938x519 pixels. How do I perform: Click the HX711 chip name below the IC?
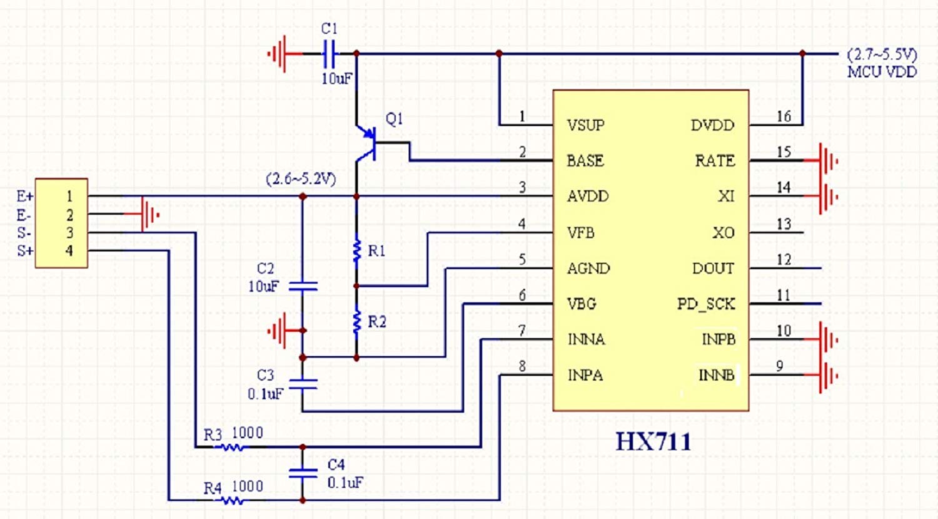point(653,441)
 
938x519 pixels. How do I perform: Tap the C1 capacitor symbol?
point(330,54)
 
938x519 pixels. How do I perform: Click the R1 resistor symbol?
point(357,250)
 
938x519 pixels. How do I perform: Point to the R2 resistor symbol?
point(357,321)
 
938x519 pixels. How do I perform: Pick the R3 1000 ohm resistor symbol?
point(233,447)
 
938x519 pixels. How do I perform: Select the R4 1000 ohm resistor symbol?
point(233,500)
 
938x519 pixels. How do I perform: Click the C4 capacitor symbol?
point(303,473)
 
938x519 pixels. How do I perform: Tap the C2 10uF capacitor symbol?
point(303,286)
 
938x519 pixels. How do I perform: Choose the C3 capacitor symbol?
point(303,384)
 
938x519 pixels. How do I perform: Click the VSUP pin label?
point(585,125)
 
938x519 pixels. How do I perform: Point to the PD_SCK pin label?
point(706,304)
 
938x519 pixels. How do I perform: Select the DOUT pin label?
point(713,269)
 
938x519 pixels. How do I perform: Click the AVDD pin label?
point(587,197)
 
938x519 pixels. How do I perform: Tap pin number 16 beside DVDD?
point(784,116)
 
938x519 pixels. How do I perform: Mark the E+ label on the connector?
point(25,197)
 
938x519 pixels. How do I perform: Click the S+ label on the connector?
point(25,251)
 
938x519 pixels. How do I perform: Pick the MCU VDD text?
point(882,72)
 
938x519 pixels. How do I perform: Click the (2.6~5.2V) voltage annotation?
point(301,180)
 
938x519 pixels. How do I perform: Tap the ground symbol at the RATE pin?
point(827,161)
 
